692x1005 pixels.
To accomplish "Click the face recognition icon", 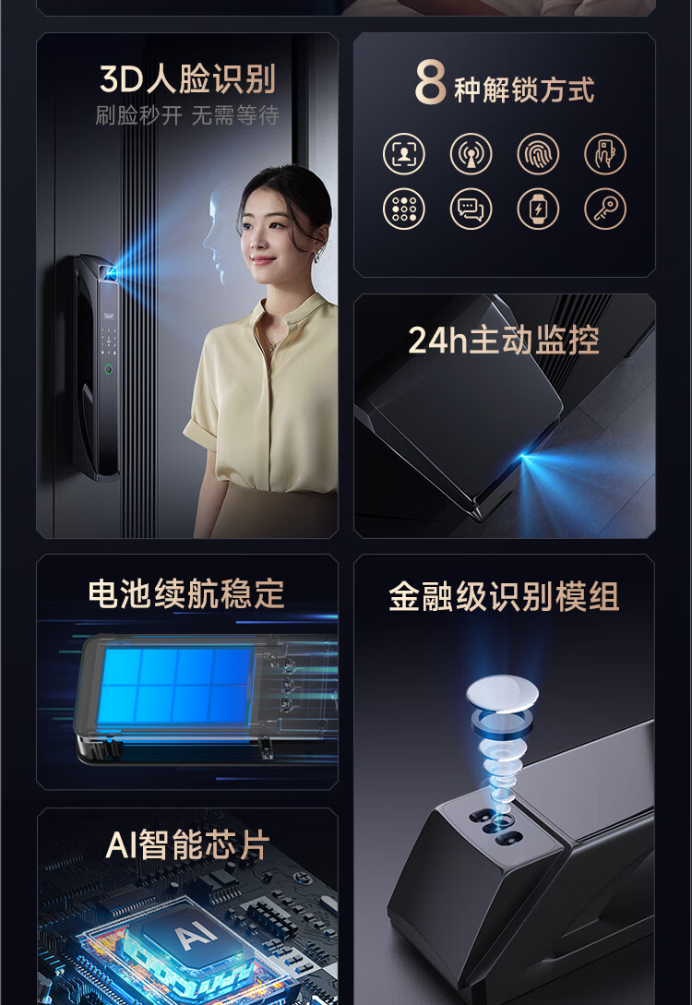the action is click(x=404, y=154).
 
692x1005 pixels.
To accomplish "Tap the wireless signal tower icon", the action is click(x=471, y=154).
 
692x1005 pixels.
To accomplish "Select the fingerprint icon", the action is click(x=538, y=154).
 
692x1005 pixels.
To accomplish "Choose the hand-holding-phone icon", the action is click(x=605, y=154).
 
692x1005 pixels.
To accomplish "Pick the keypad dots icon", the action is click(x=404, y=209).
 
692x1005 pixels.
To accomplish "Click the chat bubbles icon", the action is click(x=471, y=209).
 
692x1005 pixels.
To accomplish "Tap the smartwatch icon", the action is click(x=538, y=209).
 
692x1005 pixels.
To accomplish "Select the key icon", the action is click(x=605, y=209).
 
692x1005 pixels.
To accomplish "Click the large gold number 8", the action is click(x=431, y=81).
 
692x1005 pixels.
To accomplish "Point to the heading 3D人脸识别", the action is click(x=187, y=78).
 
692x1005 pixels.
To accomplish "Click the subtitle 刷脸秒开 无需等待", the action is click(x=187, y=115).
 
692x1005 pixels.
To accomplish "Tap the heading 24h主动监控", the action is click(x=504, y=340).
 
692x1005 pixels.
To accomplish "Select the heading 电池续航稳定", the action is click(x=186, y=594).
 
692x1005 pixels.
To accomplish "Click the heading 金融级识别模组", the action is click(x=504, y=597).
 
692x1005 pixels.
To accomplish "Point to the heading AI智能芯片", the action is click(x=187, y=844).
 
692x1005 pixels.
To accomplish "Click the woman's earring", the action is click(x=316, y=257).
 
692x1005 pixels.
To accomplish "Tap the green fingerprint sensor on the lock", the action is click(x=108, y=369).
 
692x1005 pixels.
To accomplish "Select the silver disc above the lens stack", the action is click(x=502, y=693).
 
